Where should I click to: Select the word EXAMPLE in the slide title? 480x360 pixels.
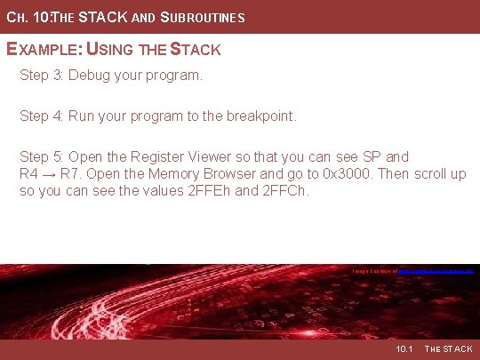(x=44, y=50)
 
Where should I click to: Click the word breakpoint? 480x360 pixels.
(x=263, y=116)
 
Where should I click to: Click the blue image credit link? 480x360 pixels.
(x=436, y=269)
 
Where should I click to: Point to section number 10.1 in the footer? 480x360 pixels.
(x=404, y=349)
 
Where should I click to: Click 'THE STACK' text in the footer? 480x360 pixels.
(x=449, y=349)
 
